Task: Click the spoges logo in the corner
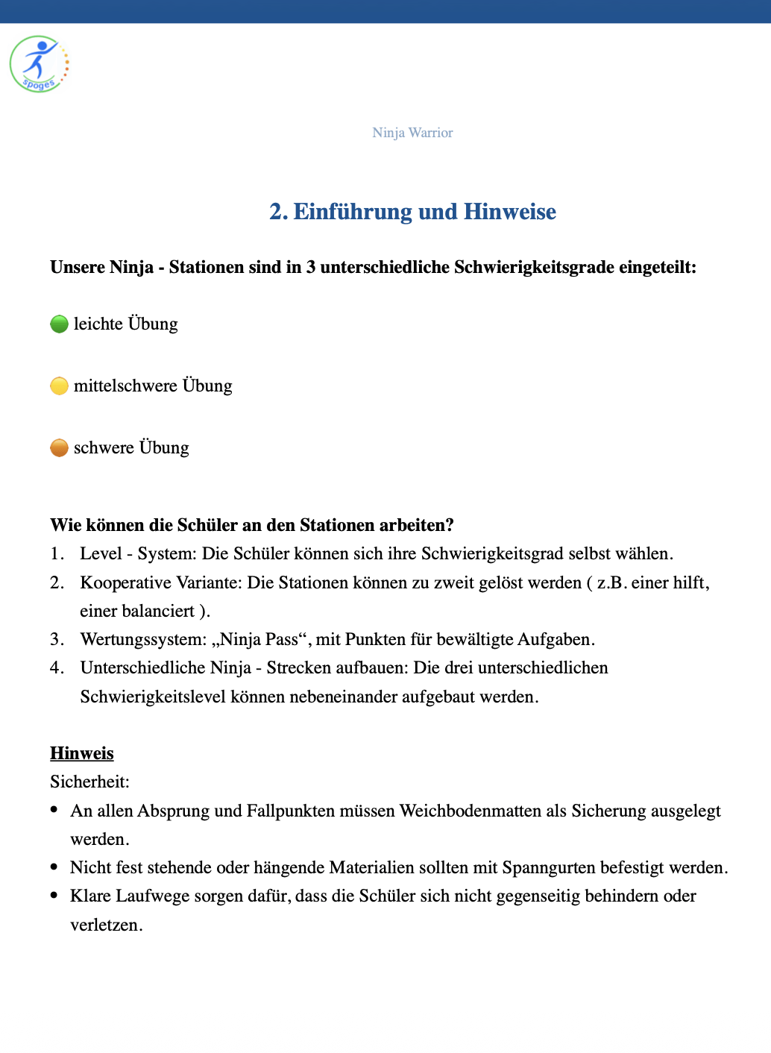(40, 64)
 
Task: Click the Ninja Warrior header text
(412, 133)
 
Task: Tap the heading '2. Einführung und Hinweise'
(412, 212)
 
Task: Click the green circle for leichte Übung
(59, 324)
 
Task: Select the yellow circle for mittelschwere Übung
(59, 386)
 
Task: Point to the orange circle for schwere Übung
(59, 448)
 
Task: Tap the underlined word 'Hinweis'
(82, 753)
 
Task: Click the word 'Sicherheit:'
(89, 782)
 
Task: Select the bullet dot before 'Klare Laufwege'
(54, 895)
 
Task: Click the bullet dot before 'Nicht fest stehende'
(54, 867)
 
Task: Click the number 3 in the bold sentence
(310, 268)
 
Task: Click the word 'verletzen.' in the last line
(107, 925)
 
